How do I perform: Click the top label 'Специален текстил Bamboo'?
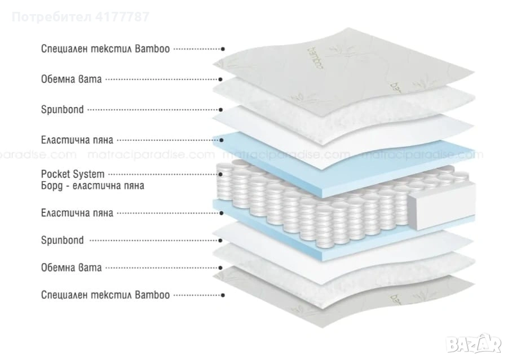(x=105, y=49)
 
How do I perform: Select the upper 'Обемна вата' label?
(x=72, y=79)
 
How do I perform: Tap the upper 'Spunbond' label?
(x=62, y=109)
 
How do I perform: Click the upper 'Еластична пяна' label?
(x=77, y=139)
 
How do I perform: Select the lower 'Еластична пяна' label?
(x=77, y=213)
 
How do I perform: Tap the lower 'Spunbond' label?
(x=62, y=241)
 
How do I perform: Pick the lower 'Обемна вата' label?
(x=72, y=268)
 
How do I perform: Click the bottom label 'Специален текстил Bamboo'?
(x=105, y=295)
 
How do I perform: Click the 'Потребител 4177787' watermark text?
(x=80, y=16)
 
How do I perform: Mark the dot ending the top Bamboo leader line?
(x=224, y=50)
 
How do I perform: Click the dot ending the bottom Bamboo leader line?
(x=224, y=295)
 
